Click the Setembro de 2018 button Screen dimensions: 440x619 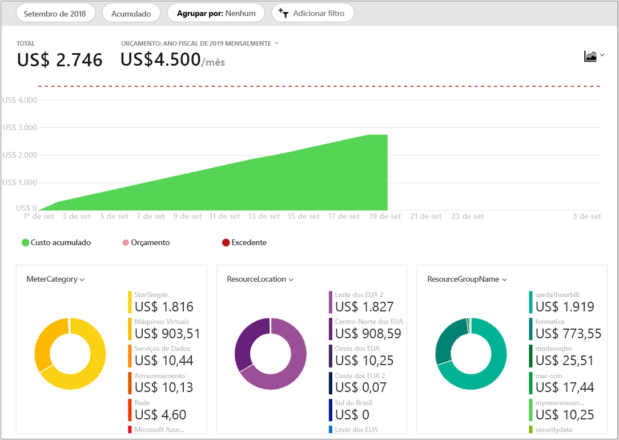(x=55, y=13)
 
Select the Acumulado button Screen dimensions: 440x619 (x=131, y=13)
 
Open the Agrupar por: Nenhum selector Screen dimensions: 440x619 (x=216, y=13)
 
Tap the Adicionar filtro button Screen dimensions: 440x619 (x=312, y=13)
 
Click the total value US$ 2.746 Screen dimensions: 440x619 (x=59, y=60)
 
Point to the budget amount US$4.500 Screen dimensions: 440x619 (x=160, y=59)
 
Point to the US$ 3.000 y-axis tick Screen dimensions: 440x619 (x=20, y=127)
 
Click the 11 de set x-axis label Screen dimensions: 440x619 (x=224, y=217)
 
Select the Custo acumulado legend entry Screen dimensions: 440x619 (x=56, y=242)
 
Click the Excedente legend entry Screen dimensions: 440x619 (x=244, y=242)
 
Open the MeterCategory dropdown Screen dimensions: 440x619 (x=55, y=279)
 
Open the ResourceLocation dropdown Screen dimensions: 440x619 (x=260, y=279)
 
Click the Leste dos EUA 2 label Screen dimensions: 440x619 (x=359, y=294)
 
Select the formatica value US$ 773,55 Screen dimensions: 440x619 (x=568, y=333)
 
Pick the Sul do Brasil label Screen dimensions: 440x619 (x=353, y=403)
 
